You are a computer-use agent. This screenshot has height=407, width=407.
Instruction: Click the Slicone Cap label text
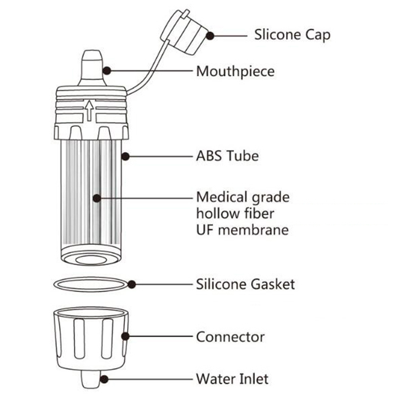[292, 35]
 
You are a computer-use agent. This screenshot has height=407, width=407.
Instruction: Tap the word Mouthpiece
[235, 71]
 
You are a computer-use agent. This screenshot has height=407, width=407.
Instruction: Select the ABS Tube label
[227, 156]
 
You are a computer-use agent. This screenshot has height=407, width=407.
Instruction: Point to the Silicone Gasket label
[245, 284]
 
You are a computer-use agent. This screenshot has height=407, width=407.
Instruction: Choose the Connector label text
[230, 337]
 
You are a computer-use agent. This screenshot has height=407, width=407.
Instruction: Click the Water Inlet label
[232, 379]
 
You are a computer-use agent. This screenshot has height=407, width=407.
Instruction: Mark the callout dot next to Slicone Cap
[210, 35]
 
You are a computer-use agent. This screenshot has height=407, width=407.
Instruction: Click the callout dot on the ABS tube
[126, 156]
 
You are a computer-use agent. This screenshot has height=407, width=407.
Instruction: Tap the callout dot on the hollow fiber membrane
[96, 198]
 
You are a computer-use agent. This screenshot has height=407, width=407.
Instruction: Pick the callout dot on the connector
[125, 336]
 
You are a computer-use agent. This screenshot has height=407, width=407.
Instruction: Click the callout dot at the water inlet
[104, 379]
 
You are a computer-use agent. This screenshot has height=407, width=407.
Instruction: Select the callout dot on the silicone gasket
[131, 284]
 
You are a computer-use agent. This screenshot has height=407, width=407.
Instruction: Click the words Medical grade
[243, 197]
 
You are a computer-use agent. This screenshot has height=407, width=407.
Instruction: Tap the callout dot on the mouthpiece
[107, 71]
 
